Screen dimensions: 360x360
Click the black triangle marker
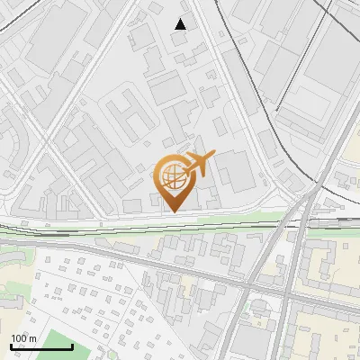(x=181, y=24)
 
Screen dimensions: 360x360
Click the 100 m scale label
(x=23, y=338)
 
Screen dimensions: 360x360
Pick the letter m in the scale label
(x=32, y=338)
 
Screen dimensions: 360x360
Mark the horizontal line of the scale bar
(x=41, y=346)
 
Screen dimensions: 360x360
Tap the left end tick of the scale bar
(x=11, y=345)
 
